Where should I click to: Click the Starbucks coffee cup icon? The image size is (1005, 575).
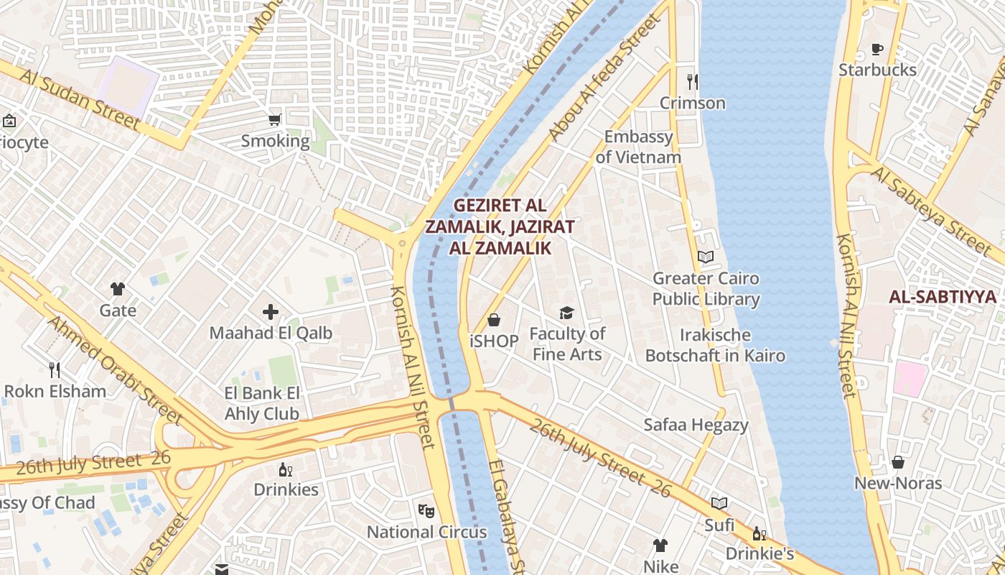tap(877, 50)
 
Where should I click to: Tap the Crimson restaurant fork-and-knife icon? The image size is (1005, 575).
tap(692, 82)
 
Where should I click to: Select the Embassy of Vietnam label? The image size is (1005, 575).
tap(638, 147)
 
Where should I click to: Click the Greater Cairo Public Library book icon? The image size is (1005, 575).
tap(706, 257)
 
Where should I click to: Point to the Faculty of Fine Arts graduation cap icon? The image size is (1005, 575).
tap(567, 313)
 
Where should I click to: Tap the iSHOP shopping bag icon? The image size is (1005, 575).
tap(494, 320)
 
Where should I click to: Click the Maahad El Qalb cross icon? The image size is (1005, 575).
tap(271, 312)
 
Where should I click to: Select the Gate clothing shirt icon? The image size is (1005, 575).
tap(118, 289)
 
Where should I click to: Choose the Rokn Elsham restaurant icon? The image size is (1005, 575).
tap(55, 370)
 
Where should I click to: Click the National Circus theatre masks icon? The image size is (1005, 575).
tap(426, 511)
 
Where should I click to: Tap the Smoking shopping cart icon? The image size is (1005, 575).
tap(274, 119)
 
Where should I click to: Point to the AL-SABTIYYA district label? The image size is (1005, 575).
tap(943, 297)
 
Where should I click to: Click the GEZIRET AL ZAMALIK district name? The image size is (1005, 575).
tap(500, 226)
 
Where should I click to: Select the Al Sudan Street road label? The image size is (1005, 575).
tap(80, 100)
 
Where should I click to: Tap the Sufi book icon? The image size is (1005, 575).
tap(719, 503)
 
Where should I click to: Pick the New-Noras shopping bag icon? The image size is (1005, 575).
tap(897, 462)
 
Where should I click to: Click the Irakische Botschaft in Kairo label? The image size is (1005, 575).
tap(715, 346)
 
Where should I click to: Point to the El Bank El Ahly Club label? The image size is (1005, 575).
tap(262, 403)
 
